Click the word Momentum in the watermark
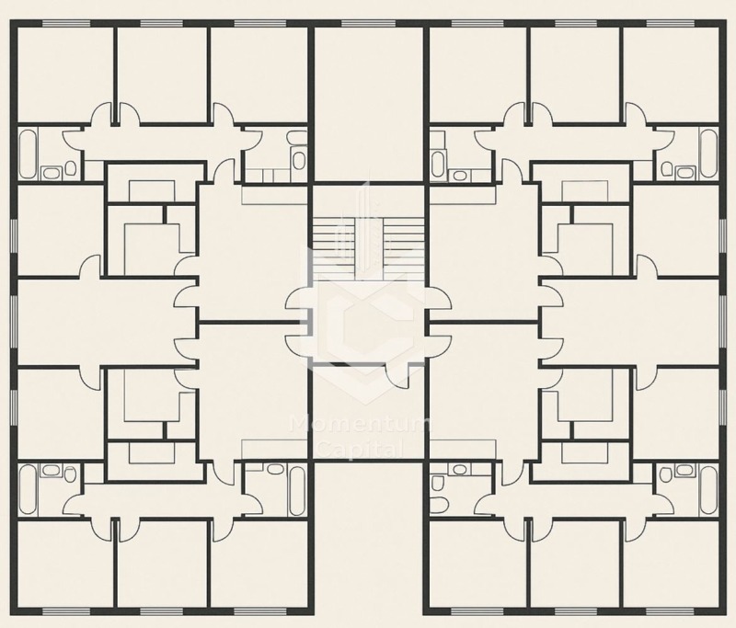(361, 426)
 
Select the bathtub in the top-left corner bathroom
(28, 154)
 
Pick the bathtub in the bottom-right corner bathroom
(708, 490)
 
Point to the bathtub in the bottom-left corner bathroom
(28, 490)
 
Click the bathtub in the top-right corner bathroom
(708, 154)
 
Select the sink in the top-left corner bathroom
(50, 173)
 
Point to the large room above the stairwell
(369, 104)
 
